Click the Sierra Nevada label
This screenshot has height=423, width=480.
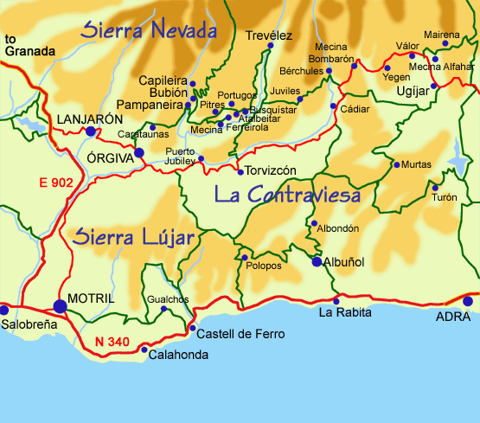click(x=148, y=31)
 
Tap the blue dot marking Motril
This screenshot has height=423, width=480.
click(x=60, y=305)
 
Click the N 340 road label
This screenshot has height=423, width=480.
click(x=112, y=342)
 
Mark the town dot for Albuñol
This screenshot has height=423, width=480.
click(x=317, y=262)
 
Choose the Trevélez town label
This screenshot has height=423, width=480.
click(x=270, y=35)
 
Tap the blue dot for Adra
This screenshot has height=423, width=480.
click(x=468, y=302)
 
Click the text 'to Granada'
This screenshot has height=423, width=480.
click(x=23, y=45)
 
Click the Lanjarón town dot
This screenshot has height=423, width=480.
click(x=91, y=131)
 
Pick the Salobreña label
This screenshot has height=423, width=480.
click(x=29, y=323)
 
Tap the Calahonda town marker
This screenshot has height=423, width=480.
click(x=143, y=349)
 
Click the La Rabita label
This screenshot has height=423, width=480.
click(x=342, y=312)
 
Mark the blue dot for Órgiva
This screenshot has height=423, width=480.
click(x=138, y=152)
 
